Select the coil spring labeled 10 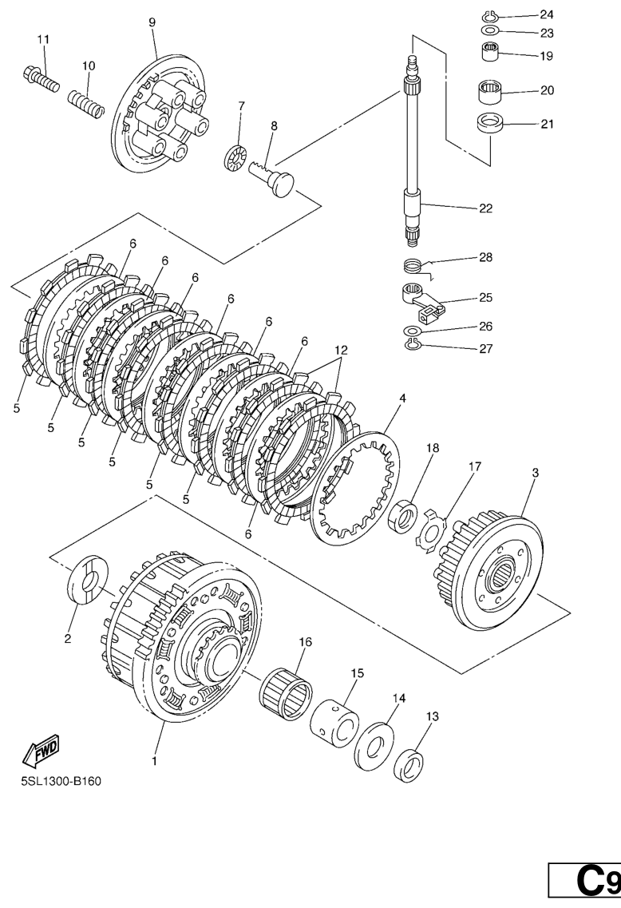coord(86,102)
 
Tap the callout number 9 coord(152,22)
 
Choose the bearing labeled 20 coord(489,92)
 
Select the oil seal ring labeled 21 coord(490,124)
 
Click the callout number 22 coord(485,208)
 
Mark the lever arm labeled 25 coord(422,300)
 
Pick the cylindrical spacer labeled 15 coord(335,724)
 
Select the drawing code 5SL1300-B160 coord(61,782)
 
